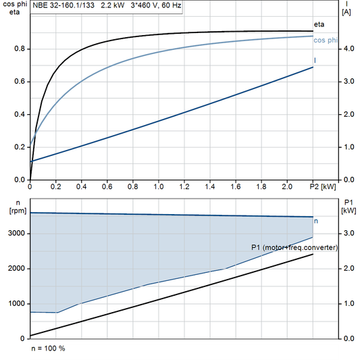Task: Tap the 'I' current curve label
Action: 315,61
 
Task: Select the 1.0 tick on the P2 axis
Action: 159,186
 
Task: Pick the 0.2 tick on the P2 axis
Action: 56,186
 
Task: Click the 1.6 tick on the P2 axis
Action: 236,186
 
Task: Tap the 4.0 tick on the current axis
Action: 348,49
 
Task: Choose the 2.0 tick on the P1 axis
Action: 348,269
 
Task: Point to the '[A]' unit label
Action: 347,11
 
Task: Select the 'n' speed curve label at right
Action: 317,221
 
